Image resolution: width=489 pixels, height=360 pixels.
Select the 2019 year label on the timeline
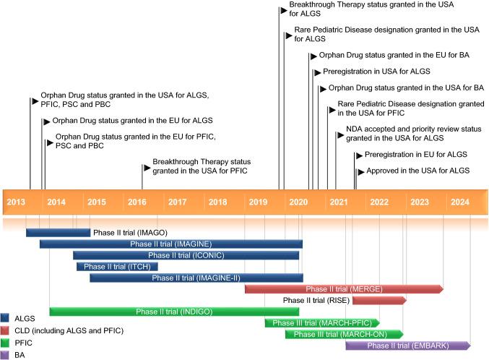pos(259,201)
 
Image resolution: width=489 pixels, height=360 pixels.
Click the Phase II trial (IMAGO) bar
pos(58,232)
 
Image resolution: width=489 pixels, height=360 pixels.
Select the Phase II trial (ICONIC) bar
pos(186,255)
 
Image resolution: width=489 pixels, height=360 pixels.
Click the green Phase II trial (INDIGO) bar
pos(173,312)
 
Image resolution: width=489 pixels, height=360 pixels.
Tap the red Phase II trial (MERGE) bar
pos(343,289)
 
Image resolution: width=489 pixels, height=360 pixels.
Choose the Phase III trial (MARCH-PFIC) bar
pos(321,322)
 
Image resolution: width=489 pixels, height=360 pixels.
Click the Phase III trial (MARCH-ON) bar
pos(343,334)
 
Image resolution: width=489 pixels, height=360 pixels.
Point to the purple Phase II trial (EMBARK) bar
pos(408,346)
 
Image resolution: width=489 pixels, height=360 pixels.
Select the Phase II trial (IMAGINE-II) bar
pos(196,278)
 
